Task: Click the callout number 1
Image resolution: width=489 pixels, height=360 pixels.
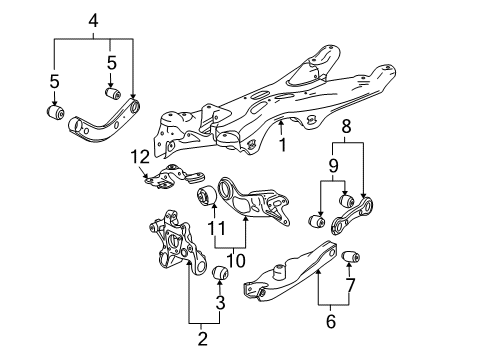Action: (x=283, y=145)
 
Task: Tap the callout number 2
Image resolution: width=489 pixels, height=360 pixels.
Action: (x=202, y=339)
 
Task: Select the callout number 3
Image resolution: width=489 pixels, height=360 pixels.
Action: (x=220, y=303)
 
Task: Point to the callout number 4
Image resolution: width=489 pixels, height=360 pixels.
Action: (x=93, y=21)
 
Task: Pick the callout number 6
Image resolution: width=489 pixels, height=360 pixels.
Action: (x=330, y=321)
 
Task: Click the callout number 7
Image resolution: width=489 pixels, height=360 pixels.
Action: (x=350, y=285)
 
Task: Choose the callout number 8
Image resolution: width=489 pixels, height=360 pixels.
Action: (x=347, y=127)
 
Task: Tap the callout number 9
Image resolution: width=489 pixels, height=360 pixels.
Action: (x=333, y=166)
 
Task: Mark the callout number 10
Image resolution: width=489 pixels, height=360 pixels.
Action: (x=235, y=261)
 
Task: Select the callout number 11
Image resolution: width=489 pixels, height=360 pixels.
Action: (x=216, y=228)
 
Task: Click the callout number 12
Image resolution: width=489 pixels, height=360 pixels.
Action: (x=140, y=157)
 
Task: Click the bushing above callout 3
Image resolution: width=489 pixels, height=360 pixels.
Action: (x=220, y=273)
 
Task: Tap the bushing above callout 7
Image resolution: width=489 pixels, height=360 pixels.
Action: (x=351, y=257)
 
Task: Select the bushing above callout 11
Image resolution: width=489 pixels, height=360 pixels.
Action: (x=206, y=195)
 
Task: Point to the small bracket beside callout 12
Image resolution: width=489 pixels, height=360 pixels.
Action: (x=174, y=177)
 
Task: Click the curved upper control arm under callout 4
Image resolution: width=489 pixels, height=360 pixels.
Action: (x=103, y=122)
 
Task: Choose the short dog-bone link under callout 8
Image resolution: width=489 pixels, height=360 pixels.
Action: (x=352, y=216)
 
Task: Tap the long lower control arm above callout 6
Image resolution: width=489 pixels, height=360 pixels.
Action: (x=290, y=272)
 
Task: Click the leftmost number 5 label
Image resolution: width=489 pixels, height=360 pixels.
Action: (x=54, y=82)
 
